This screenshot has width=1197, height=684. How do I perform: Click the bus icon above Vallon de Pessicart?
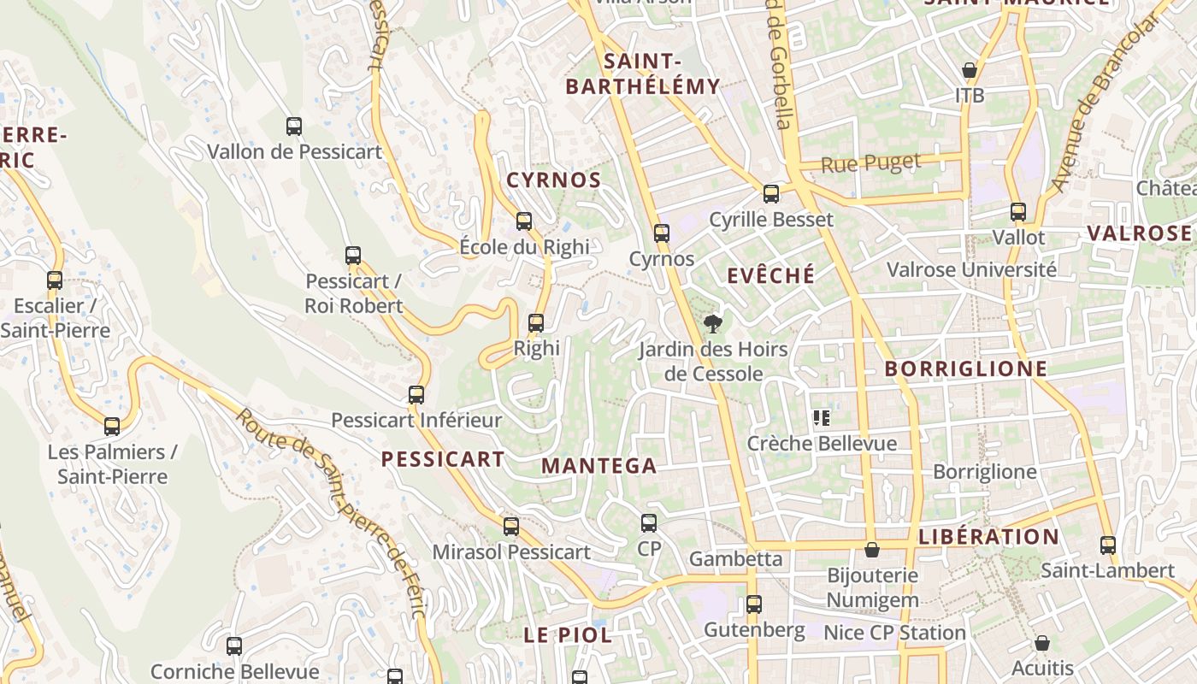click(294, 127)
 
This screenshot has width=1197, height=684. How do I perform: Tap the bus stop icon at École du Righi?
click(524, 221)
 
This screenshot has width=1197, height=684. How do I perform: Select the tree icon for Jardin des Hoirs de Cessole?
click(712, 323)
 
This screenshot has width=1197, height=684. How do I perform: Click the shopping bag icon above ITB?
click(970, 70)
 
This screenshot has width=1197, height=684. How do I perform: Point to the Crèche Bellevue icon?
click(822, 418)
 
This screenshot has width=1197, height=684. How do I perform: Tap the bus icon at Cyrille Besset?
click(771, 194)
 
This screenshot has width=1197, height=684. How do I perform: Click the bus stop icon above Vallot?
click(1018, 212)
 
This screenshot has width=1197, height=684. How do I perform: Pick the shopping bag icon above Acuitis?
click(1041, 643)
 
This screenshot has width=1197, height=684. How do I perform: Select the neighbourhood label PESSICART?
click(443, 459)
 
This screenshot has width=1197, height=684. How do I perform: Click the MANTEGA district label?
click(599, 466)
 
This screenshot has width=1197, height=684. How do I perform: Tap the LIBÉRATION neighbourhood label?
click(988, 537)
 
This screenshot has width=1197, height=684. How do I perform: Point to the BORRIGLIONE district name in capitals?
click(966, 369)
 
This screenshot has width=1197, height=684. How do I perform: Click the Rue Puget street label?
click(870, 162)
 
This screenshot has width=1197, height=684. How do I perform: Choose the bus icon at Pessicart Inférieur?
click(416, 395)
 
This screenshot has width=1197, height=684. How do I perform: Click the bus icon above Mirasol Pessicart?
click(511, 527)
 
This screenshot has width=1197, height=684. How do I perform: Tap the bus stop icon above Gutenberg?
click(753, 604)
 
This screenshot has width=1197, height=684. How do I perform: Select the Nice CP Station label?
click(894, 633)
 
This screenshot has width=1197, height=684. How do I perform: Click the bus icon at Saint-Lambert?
click(1108, 545)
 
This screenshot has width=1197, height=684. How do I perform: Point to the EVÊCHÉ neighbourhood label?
click(771, 275)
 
